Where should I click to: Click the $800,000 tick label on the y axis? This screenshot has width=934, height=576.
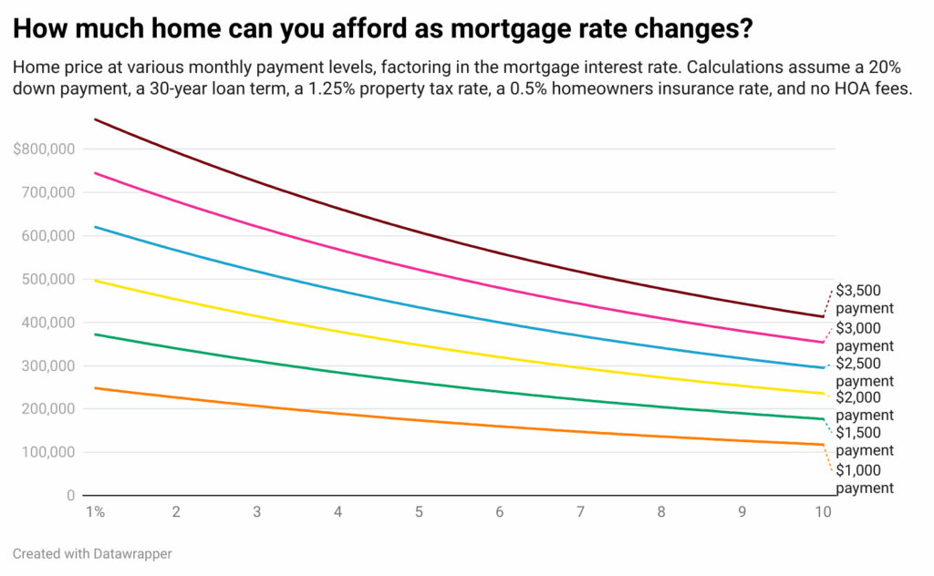tap(44, 149)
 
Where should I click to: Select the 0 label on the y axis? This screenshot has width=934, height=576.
tap(70, 496)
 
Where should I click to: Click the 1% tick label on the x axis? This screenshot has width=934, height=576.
tap(95, 513)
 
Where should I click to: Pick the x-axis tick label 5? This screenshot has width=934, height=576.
tap(419, 513)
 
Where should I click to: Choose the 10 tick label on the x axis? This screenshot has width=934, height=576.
tap(823, 513)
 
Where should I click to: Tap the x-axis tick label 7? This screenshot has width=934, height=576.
tap(580, 513)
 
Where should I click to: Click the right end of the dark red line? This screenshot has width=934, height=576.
tap(824, 317)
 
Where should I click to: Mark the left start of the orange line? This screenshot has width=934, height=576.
tap(95, 388)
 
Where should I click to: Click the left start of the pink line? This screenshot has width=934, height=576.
tap(95, 173)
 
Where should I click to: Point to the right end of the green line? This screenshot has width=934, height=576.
tap(824, 419)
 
